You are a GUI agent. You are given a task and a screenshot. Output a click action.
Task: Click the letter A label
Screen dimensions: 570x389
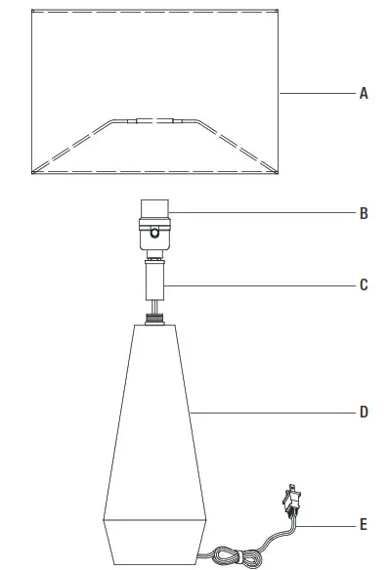click(x=363, y=94)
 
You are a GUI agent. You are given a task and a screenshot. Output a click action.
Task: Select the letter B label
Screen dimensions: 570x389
click(x=363, y=212)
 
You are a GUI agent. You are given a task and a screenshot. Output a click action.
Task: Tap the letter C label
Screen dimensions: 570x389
click(x=363, y=285)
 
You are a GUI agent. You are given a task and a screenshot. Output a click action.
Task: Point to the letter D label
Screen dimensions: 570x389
click(x=363, y=413)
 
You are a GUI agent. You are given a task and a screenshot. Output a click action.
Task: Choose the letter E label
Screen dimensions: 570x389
click(x=363, y=526)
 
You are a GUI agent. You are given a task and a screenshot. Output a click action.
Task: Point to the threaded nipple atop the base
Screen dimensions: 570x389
click(x=154, y=316)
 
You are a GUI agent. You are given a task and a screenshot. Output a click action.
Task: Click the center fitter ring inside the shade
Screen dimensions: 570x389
click(x=154, y=121)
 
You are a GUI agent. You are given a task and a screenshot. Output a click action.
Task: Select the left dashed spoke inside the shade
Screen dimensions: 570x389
click(x=72, y=147)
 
